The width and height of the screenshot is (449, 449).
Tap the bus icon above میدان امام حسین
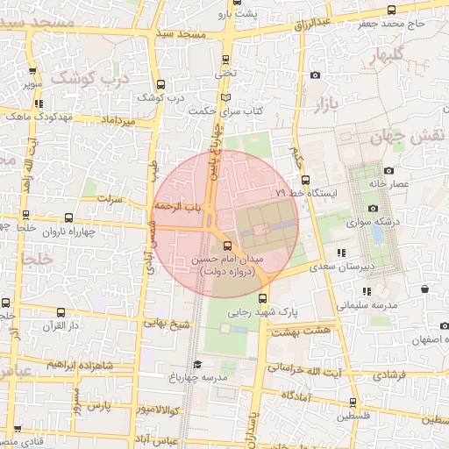[228, 246]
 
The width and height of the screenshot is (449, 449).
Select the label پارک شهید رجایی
[264, 311]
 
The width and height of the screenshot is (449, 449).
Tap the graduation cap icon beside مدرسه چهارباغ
[197, 364]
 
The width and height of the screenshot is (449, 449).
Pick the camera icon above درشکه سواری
[374, 209]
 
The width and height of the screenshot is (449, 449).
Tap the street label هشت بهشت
[296, 331]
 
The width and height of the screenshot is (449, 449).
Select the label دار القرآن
[62, 325]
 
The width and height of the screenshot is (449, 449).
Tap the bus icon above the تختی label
[226, 60]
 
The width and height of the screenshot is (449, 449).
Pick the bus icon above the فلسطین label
[353, 403]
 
